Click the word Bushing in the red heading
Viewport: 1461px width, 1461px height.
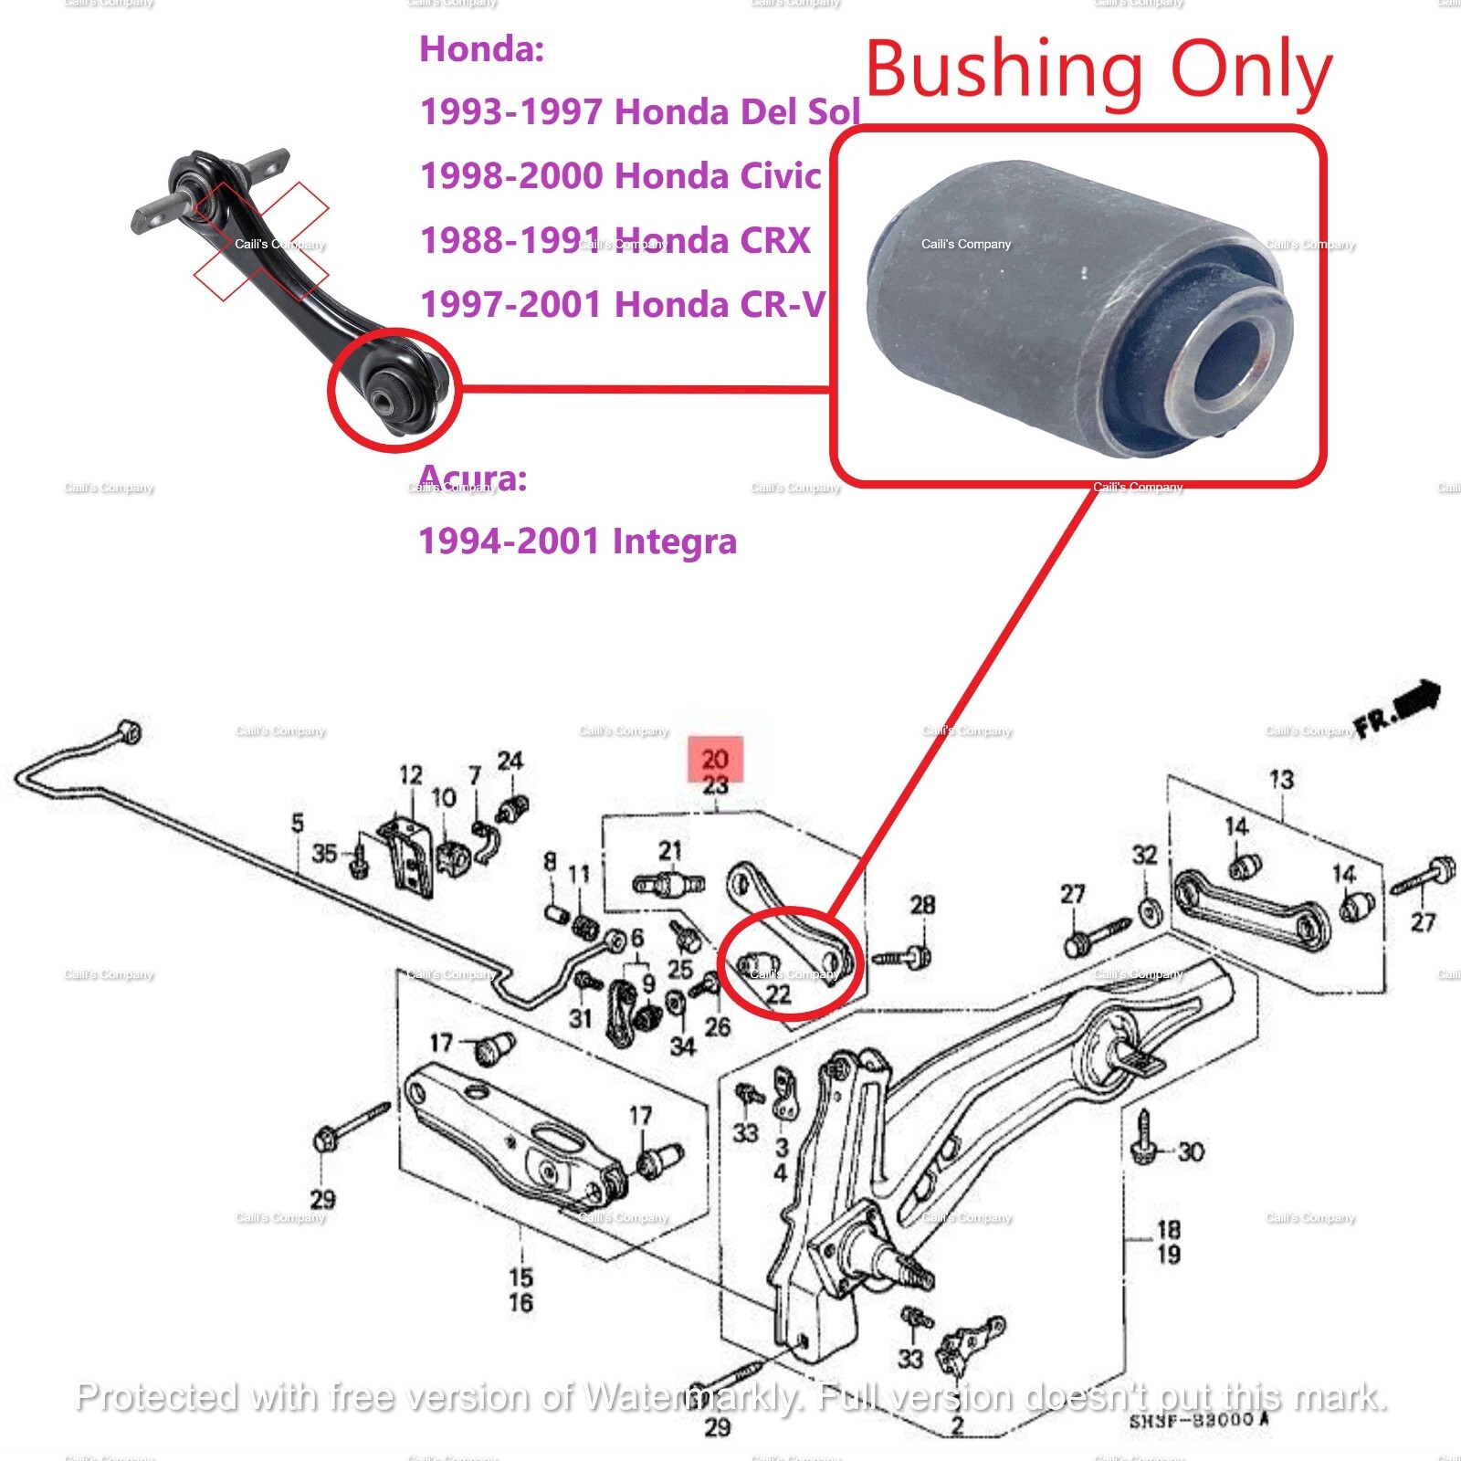pos(1004,71)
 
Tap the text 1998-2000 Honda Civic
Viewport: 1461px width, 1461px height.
pos(620,176)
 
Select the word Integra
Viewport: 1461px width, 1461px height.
pos(674,541)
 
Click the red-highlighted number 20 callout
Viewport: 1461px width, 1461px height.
pos(715,760)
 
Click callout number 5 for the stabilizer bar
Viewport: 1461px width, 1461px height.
pos(297,823)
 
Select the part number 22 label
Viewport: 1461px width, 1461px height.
pos(778,994)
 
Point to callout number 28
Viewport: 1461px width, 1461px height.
pos(922,905)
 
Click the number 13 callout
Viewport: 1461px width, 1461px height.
pos(1281,780)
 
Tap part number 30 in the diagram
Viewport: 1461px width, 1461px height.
pos(1191,1151)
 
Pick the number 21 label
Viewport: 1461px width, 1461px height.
pos(670,851)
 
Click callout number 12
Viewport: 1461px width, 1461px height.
pos(411,775)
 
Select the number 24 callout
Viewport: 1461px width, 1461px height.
pos(510,761)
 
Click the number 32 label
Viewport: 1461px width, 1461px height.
pos(1144,855)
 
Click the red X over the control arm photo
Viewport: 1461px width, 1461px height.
pos(260,241)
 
